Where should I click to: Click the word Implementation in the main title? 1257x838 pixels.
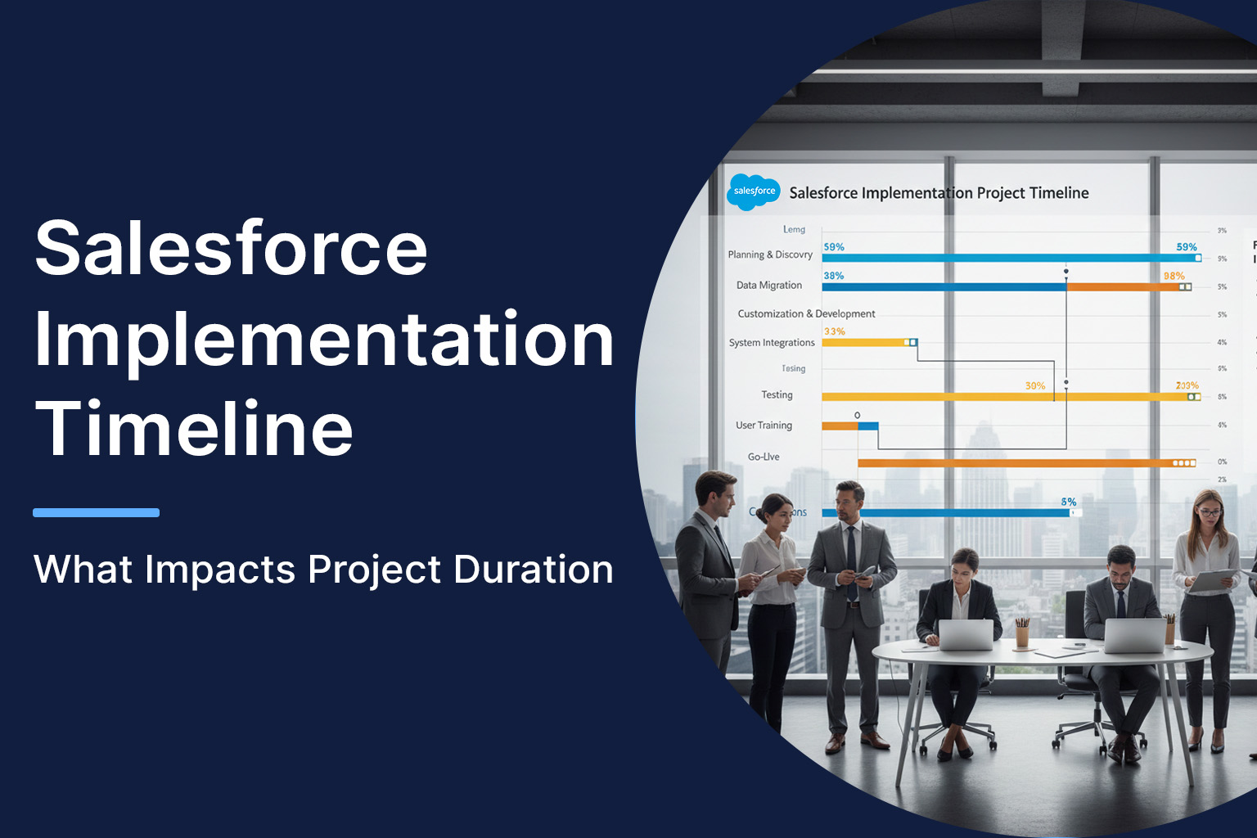click(x=324, y=340)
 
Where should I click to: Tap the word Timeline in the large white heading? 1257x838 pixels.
click(x=194, y=428)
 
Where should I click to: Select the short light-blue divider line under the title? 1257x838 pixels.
click(x=96, y=513)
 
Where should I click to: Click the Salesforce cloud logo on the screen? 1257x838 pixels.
click(x=753, y=191)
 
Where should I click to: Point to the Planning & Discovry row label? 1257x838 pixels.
click(x=770, y=255)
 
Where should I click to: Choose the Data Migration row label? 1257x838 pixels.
click(x=768, y=286)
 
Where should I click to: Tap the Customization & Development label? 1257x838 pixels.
click(x=806, y=313)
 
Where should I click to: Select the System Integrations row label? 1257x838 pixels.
click(x=772, y=343)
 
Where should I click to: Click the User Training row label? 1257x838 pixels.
click(x=764, y=426)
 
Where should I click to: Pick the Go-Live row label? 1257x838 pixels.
click(x=764, y=457)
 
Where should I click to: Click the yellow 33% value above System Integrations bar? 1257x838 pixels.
click(x=834, y=331)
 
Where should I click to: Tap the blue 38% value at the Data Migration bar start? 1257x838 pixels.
click(x=833, y=276)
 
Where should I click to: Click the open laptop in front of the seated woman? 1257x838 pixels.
click(x=965, y=634)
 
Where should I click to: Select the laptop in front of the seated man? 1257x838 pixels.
click(x=1134, y=636)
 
